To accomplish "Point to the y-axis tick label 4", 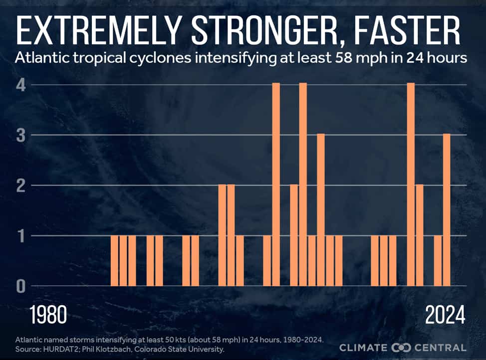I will [21, 85].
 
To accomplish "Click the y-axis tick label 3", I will [21, 135].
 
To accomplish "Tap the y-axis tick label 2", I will [21, 185].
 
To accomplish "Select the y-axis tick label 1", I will [21, 236].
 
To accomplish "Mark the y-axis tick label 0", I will [21, 286].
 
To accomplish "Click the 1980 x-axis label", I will [48, 316].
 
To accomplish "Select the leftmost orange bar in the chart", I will [114, 261].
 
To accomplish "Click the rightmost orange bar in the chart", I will [447, 210].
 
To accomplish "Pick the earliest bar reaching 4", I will [276, 184].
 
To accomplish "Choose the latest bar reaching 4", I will [411, 184].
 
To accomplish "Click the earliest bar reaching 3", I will [321, 210].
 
